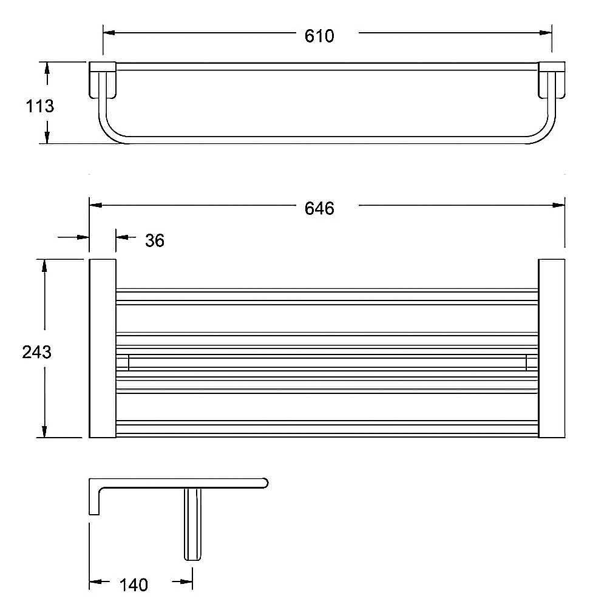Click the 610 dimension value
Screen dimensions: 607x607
(x=319, y=36)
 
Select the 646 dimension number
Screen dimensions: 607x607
(x=319, y=209)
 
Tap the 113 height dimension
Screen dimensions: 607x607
(x=40, y=106)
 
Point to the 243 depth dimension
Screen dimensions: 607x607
(x=37, y=352)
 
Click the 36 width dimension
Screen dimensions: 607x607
(x=155, y=241)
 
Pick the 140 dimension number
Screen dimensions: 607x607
(x=134, y=585)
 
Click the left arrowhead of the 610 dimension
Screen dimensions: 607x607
(x=109, y=33)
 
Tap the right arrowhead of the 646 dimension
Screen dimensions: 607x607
(x=558, y=205)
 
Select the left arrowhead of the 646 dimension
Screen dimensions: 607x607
(x=96, y=205)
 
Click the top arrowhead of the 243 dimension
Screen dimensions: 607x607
(x=44, y=266)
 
